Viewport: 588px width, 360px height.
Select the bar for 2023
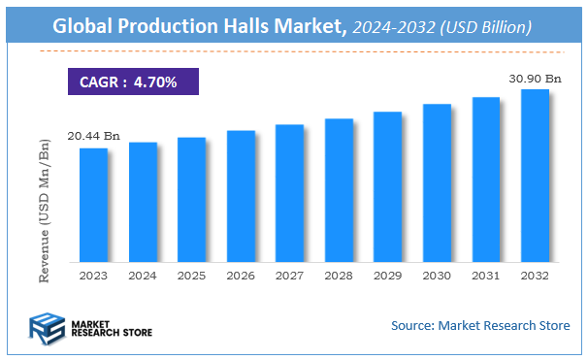click(93, 205)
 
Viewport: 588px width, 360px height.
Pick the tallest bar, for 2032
click(535, 176)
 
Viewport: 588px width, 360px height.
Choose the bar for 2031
click(485, 180)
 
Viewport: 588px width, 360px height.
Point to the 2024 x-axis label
click(143, 275)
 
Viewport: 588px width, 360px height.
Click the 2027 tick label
click(290, 275)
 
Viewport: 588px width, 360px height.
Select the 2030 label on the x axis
click(437, 275)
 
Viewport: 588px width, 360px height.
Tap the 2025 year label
click(191, 275)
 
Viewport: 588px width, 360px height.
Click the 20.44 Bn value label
click(93, 136)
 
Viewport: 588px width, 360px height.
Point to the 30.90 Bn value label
click(535, 79)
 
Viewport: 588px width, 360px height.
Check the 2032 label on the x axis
click(535, 275)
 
